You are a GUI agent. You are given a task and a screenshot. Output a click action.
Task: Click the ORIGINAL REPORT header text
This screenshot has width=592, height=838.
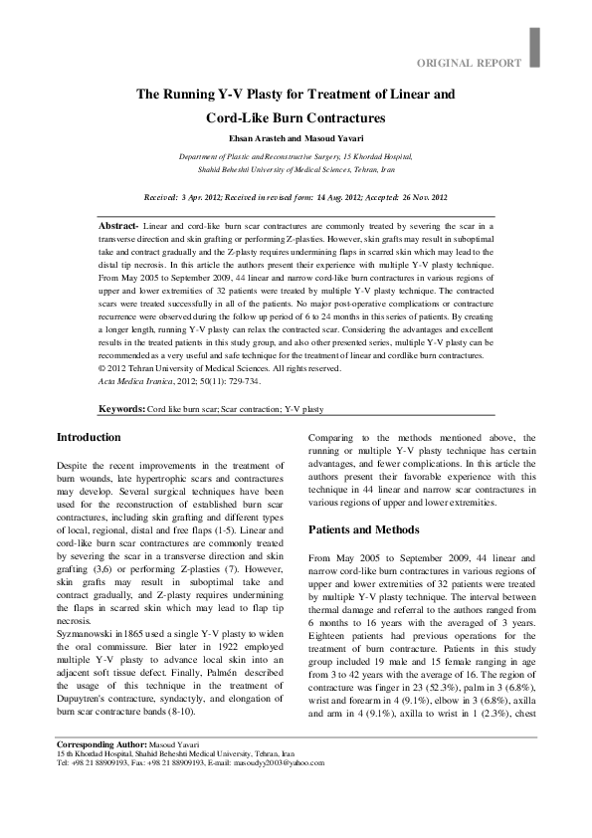click(x=469, y=63)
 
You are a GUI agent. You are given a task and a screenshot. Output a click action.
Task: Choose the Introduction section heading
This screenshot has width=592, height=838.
click(x=89, y=437)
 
